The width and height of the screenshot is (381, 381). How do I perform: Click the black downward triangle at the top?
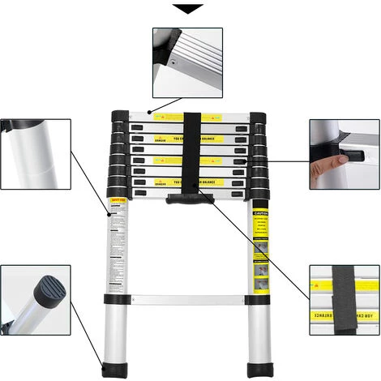[190, 9]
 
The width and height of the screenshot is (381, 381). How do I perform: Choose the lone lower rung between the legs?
[186, 299]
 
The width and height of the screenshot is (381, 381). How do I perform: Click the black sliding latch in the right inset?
[332, 154]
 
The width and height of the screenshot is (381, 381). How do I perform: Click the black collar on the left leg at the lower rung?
[113, 301]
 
